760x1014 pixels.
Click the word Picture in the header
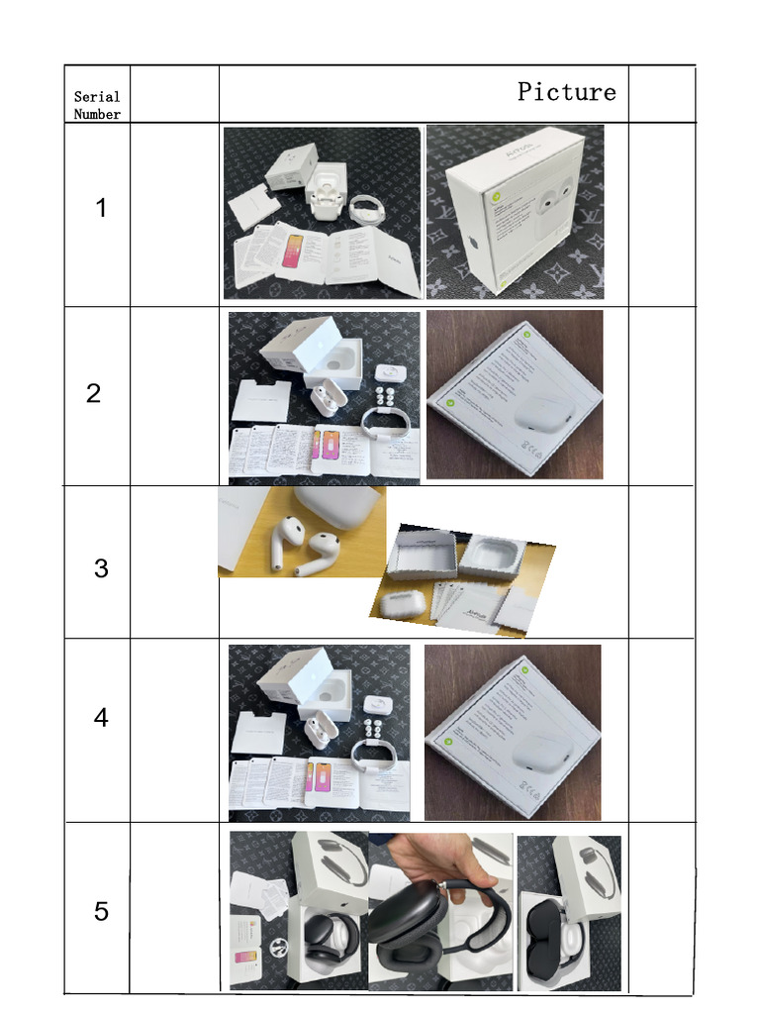(566, 92)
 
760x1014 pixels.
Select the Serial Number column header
(97, 105)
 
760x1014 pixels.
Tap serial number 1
(101, 209)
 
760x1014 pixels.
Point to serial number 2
(93, 393)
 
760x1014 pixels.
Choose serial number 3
(101, 568)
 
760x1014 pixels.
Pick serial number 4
(101, 717)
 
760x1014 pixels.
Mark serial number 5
(101, 911)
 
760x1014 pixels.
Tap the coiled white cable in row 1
(370, 209)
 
